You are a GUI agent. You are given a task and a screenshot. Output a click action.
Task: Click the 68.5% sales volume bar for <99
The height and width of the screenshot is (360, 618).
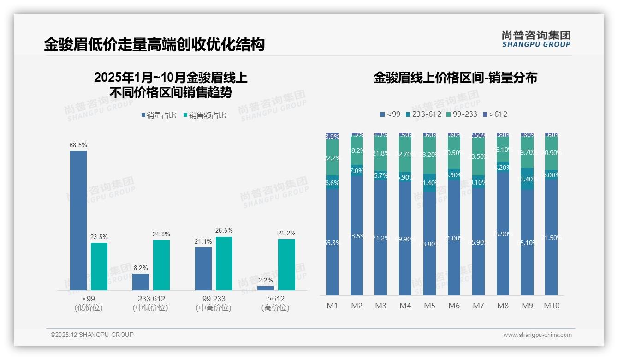coord(78,221)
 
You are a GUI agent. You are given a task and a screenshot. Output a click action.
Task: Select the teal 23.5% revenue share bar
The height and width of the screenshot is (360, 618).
coord(99,266)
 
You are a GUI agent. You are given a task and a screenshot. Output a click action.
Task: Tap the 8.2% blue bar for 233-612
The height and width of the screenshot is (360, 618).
coord(141,282)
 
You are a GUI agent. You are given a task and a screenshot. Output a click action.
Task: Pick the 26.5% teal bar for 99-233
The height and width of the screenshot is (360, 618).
coord(224,264)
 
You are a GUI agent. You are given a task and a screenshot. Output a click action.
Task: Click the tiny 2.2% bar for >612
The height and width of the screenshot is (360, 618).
coord(266,288)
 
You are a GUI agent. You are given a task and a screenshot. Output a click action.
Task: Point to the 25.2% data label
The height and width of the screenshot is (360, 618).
coord(286,233)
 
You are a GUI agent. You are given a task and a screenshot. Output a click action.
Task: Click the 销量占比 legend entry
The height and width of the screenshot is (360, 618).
coord(159,115)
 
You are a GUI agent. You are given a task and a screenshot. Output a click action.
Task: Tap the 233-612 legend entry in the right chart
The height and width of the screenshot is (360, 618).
coord(423,114)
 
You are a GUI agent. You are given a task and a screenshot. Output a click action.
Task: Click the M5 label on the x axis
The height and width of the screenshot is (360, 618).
coord(429,306)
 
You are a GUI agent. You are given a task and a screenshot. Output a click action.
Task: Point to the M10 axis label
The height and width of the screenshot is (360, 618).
coord(552,306)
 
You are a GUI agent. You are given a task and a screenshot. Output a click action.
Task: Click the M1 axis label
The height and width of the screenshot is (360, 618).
coord(333,306)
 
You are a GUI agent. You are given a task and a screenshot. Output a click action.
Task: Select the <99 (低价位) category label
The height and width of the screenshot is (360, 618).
coord(89,303)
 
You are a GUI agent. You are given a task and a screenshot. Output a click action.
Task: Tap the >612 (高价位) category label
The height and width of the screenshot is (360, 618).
coord(275,303)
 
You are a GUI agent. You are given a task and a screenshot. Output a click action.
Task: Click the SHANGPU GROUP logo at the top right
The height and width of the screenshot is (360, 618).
coord(536,39)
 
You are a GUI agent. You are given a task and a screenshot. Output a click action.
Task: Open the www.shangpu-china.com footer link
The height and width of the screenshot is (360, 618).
coord(537,335)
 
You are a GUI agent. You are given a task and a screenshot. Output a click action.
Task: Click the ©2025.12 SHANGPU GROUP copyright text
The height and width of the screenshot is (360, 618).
coord(92,335)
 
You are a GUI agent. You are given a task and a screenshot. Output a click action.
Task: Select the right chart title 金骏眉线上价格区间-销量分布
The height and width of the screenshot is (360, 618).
coord(455,78)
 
